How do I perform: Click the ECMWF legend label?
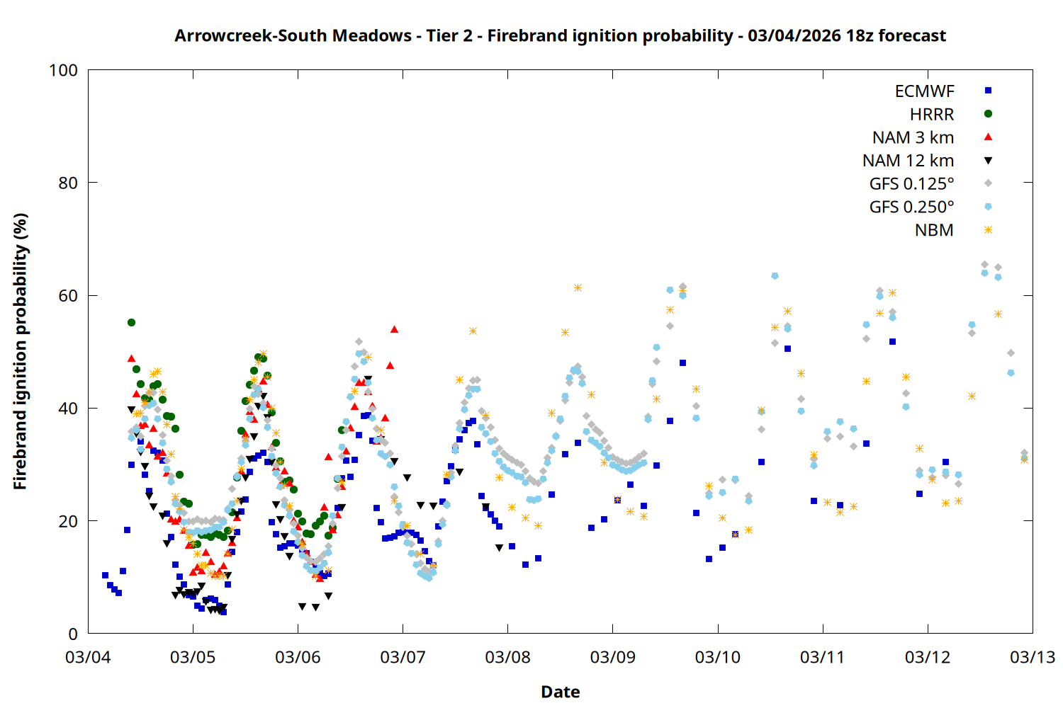click(x=924, y=91)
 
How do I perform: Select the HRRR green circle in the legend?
click(x=988, y=114)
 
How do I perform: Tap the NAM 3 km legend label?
click(x=913, y=137)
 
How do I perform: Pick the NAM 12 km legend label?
click(x=908, y=161)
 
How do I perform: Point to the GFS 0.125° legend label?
click(x=911, y=184)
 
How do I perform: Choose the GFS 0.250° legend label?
click(x=911, y=207)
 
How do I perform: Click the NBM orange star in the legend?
click(x=988, y=230)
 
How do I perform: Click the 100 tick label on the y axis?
click(x=63, y=70)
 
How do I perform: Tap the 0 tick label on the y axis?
click(x=72, y=634)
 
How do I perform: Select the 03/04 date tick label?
click(x=88, y=657)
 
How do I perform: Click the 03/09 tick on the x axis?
click(x=613, y=634)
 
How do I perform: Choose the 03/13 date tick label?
click(x=1033, y=657)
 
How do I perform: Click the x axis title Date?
click(x=560, y=692)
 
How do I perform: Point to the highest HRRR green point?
click(x=131, y=322)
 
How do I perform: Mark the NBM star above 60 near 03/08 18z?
click(x=578, y=287)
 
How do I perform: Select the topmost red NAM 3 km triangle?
click(x=394, y=329)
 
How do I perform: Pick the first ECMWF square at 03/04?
click(x=105, y=575)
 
